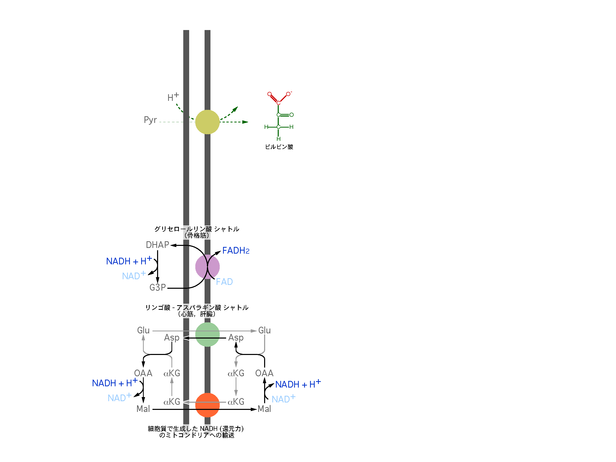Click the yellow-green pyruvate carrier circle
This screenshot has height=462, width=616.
pos(207,122)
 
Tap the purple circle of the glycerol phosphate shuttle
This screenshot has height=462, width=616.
pos(207,267)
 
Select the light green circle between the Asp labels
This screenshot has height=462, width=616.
pos(207,334)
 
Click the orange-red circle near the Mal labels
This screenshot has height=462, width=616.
pos(207,405)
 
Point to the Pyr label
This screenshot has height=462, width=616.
pos(150,120)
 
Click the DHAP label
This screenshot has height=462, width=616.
pos(157,245)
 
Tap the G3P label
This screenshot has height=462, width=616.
pos(158,287)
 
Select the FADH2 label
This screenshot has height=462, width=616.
pos(236,251)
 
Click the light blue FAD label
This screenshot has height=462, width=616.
pos(224,282)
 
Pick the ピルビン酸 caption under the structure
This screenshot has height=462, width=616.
pos(279,147)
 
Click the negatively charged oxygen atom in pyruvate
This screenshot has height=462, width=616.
pos(288,94)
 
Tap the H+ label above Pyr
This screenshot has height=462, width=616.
pos(173,97)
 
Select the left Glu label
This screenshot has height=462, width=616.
pos(143,330)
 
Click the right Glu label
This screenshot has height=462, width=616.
pos(264,330)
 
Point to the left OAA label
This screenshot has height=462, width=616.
pos(143,373)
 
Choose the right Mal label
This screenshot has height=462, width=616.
pos(264,409)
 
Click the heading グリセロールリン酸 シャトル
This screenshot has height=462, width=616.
pos(197,229)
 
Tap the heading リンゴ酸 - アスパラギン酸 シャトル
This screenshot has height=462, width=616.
pos(197,307)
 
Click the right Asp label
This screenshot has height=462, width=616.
pos(236,338)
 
